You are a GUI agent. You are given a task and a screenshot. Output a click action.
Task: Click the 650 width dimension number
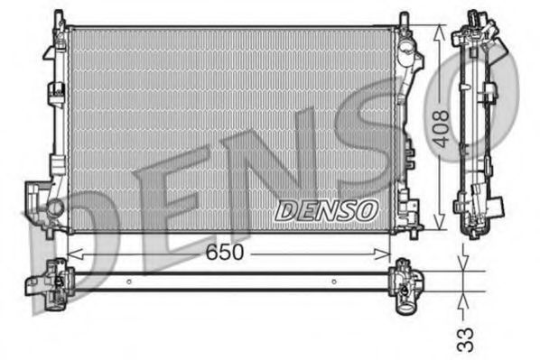[224, 253]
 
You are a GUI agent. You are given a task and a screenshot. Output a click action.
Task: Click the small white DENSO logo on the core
[325, 210]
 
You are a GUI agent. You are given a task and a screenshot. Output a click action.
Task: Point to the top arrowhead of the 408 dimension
[440, 30]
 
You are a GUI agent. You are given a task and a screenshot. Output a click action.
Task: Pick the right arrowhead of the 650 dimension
[394, 254]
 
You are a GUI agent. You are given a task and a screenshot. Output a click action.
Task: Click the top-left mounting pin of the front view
[59, 18]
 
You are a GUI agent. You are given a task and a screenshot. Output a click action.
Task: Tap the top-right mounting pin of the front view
[403, 18]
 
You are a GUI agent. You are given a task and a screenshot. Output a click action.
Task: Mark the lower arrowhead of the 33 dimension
[463, 292]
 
